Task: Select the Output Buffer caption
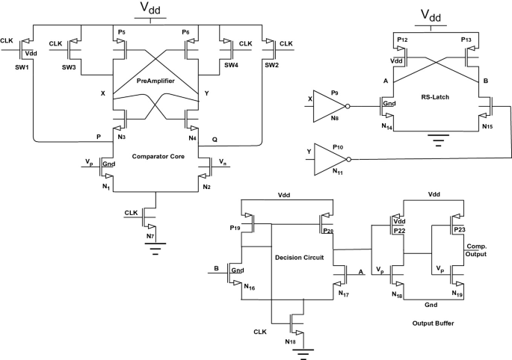tap(434, 323)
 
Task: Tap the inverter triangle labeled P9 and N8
tap(319, 105)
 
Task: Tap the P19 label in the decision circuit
tap(235, 228)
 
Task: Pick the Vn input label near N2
tap(223, 161)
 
